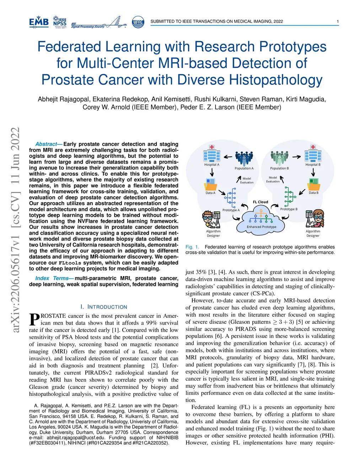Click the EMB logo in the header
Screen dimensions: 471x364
pos(39,22)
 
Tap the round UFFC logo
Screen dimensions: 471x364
pos(138,22)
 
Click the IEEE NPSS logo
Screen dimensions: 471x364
pos(60,22)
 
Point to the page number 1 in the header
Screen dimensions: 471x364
pos(338,21)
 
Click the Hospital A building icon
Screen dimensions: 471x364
pos(212,154)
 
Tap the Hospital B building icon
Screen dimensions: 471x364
pos(313,154)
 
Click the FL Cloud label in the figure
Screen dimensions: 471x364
pos(261,202)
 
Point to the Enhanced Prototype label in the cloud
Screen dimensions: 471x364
pos(262,227)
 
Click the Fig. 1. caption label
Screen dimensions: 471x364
pos(192,247)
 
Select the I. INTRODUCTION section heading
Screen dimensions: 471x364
pos(103,307)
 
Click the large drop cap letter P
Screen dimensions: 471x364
pos(34,320)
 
